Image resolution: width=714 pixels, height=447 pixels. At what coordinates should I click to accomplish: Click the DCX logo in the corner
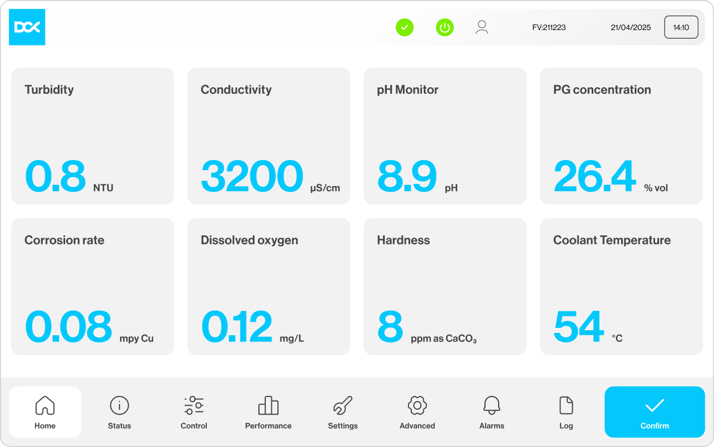tap(27, 27)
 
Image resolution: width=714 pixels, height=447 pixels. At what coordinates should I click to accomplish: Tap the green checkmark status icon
tap(405, 27)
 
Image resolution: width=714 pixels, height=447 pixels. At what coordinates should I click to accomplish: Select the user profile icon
tap(482, 27)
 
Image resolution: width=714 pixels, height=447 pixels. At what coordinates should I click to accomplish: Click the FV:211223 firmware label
tap(549, 27)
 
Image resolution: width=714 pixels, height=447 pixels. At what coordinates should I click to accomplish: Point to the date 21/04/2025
tap(631, 27)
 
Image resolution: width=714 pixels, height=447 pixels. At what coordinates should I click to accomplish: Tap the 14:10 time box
tap(681, 27)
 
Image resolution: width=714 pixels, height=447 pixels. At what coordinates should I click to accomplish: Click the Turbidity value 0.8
tap(56, 176)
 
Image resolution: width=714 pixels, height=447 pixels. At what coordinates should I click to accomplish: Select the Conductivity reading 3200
tap(252, 176)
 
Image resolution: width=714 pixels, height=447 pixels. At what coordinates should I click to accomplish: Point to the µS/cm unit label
tap(325, 188)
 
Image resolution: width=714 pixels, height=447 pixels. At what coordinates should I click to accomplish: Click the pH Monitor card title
tap(407, 90)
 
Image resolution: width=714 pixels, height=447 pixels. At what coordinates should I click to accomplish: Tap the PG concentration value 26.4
tap(595, 176)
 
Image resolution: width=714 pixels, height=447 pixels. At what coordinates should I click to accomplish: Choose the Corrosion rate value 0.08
tap(69, 326)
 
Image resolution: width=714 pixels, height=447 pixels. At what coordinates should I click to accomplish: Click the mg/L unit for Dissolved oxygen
tap(292, 338)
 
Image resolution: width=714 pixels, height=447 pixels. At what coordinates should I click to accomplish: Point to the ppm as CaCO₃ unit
tap(444, 339)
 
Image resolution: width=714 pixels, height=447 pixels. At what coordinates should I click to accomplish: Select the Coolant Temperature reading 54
tap(579, 326)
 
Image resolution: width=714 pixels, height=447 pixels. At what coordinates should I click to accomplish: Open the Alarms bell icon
tap(492, 406)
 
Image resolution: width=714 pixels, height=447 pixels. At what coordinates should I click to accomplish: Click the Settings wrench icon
tap(343, 406)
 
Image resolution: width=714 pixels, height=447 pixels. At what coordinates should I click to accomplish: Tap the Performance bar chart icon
tap(269, 406)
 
